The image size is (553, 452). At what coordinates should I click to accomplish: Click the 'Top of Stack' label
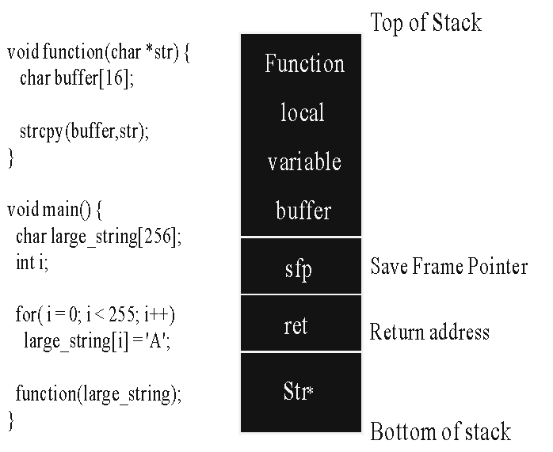pos(425,23)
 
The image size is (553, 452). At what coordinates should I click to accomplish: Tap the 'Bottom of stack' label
pos(440,431)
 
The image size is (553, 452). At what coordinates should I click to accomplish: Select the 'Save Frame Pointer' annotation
pos(449,266)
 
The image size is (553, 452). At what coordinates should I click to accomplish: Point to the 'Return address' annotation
pos(429,332)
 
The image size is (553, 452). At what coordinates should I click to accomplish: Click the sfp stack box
pos(301,266)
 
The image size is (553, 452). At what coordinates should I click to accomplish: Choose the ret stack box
pos(301,323)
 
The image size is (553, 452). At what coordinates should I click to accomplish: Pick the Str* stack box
pos(301,393)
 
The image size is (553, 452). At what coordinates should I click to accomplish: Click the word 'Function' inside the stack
pos(304,63)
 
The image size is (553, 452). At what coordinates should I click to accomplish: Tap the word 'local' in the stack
pos(302,112)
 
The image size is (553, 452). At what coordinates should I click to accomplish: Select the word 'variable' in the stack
pos(304,161)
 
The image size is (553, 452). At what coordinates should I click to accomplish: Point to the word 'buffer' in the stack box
pos(303,211)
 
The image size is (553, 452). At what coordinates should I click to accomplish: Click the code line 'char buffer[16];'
pos(77,78)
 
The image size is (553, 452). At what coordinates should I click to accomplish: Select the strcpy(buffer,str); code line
pos(84,131)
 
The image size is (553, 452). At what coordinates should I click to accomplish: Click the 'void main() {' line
pos(55,210)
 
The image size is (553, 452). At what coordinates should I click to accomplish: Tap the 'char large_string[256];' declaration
pos(99,236)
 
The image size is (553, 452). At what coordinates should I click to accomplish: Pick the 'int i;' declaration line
pos(32,262)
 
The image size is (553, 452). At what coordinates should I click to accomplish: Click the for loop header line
pos(95,314)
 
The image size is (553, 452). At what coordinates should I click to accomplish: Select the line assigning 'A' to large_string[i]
pos(97,341)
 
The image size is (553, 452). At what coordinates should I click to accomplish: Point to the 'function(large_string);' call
pos(98,393)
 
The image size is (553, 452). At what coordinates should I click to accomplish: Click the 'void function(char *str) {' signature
pos(98,52)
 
